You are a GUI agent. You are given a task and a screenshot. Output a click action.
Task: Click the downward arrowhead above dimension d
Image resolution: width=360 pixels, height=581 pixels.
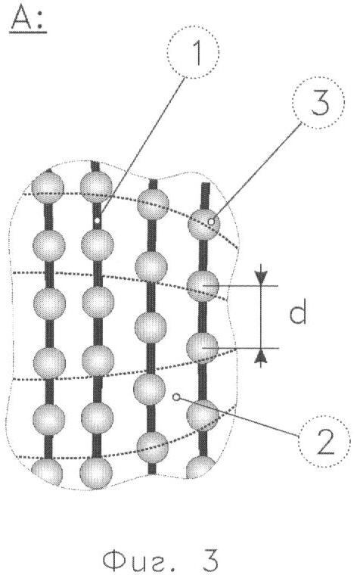(x=261, y=278)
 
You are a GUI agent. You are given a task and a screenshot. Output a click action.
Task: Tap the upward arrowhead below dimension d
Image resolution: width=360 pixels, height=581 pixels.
(x=262, y=356)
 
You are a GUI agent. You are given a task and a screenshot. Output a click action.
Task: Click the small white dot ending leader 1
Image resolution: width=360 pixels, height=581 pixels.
(x=97, y=221)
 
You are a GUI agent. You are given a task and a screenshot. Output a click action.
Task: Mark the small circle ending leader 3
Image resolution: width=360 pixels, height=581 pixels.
(x=211, y=222)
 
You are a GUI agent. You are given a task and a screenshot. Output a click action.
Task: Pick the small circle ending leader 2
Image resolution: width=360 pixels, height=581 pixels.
(x=177, y=397)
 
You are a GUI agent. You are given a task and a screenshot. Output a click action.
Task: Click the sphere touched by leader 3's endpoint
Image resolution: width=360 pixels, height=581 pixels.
(x=204, y=224)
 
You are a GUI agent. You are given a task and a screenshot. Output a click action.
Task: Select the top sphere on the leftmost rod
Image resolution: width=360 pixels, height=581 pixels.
(x=48, y=187)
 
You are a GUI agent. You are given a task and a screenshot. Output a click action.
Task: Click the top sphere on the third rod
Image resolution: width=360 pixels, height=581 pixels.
(x=153, y=204)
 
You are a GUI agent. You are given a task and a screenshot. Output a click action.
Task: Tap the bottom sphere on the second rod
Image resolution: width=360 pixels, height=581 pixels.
(x=96, y=473)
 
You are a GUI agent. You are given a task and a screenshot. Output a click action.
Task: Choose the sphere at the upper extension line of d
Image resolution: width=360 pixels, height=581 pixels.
(x=203, y=287)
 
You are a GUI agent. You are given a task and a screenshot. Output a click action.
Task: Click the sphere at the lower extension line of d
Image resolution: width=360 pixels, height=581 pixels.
(x=202, y=348)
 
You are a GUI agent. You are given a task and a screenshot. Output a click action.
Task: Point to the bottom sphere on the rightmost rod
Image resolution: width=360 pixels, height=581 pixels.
(x=200, y=468)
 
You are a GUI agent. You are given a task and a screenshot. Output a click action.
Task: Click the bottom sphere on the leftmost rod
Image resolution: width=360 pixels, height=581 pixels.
(x=47, y=472)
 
